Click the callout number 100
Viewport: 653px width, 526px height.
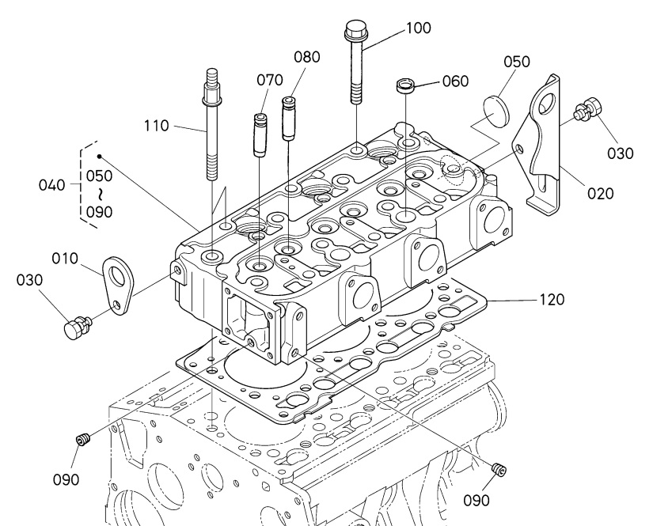[419, 28]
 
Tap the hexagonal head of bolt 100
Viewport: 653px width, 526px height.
[354, 28]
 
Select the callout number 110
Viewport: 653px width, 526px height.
[157, 126]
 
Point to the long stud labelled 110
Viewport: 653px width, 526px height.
[211, 124]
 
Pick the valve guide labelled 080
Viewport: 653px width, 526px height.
[289, 119]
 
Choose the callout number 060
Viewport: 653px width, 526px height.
[455, 81]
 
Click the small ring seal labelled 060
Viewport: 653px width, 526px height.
[404, 85]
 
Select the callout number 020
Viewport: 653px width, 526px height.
[601, 194]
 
